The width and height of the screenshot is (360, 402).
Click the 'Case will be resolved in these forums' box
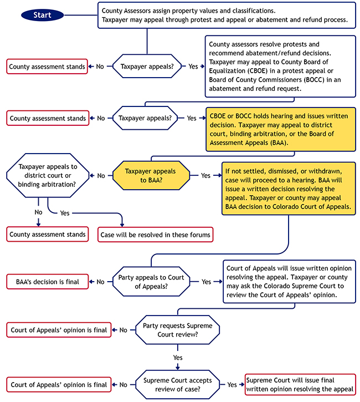tap(156, 235)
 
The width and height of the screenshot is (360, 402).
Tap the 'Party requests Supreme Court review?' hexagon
tap(178, 330)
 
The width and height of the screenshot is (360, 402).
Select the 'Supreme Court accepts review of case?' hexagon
tap(178, 384)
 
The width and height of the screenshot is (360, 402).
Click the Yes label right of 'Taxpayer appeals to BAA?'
tap(205, 175)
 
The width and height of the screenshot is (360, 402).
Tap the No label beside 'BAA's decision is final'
tap(100, 282)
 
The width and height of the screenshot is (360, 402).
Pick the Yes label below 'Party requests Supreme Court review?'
tap(178, 358)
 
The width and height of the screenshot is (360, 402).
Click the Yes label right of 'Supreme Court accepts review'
tap(232, 384)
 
